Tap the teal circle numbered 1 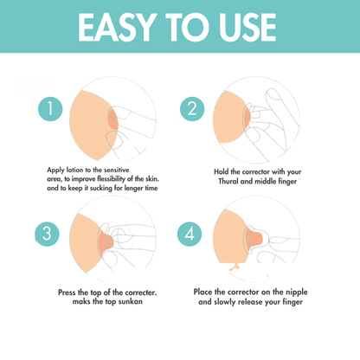tap(51, 110)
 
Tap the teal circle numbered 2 tap(192, 109)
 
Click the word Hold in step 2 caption tap(222, 170)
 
